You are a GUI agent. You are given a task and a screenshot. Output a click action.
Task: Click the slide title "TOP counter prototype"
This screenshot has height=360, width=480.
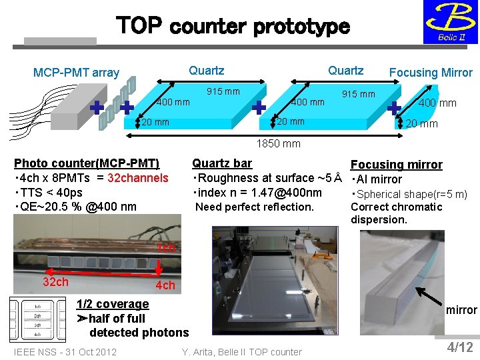coord(233,27)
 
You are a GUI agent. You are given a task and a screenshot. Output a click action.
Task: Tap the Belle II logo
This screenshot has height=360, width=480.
coord(451,23)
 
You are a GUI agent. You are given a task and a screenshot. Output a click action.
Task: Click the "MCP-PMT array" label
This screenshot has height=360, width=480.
coord(77,73)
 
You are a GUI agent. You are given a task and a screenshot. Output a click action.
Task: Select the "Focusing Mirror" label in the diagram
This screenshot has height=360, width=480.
coord(431,73)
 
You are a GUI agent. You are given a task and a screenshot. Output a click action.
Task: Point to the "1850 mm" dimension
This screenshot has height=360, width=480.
coord(279,143)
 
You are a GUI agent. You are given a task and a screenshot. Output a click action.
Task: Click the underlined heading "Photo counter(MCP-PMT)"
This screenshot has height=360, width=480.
coord(87,163)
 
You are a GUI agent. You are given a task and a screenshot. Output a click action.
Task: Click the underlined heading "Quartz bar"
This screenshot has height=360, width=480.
coord(222,163)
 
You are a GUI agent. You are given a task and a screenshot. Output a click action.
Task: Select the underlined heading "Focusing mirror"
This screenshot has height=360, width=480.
coord(396,165)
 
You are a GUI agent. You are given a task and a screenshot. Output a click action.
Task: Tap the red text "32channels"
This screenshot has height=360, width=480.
coord(139,178)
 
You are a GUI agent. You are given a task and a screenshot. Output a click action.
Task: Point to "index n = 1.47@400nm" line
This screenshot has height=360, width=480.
coord(257,193)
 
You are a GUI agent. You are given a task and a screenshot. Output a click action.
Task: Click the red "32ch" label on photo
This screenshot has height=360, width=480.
coord(55,281)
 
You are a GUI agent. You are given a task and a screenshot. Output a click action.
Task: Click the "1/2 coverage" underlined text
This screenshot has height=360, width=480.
coord(113,304)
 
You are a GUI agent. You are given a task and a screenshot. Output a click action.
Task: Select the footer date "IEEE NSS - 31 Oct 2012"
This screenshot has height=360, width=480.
coord(65,351)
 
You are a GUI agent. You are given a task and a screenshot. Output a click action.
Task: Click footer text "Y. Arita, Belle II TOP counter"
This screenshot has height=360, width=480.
coord(241,351)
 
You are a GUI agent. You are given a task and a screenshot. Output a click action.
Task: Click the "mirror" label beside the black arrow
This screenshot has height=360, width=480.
coord(461,310)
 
